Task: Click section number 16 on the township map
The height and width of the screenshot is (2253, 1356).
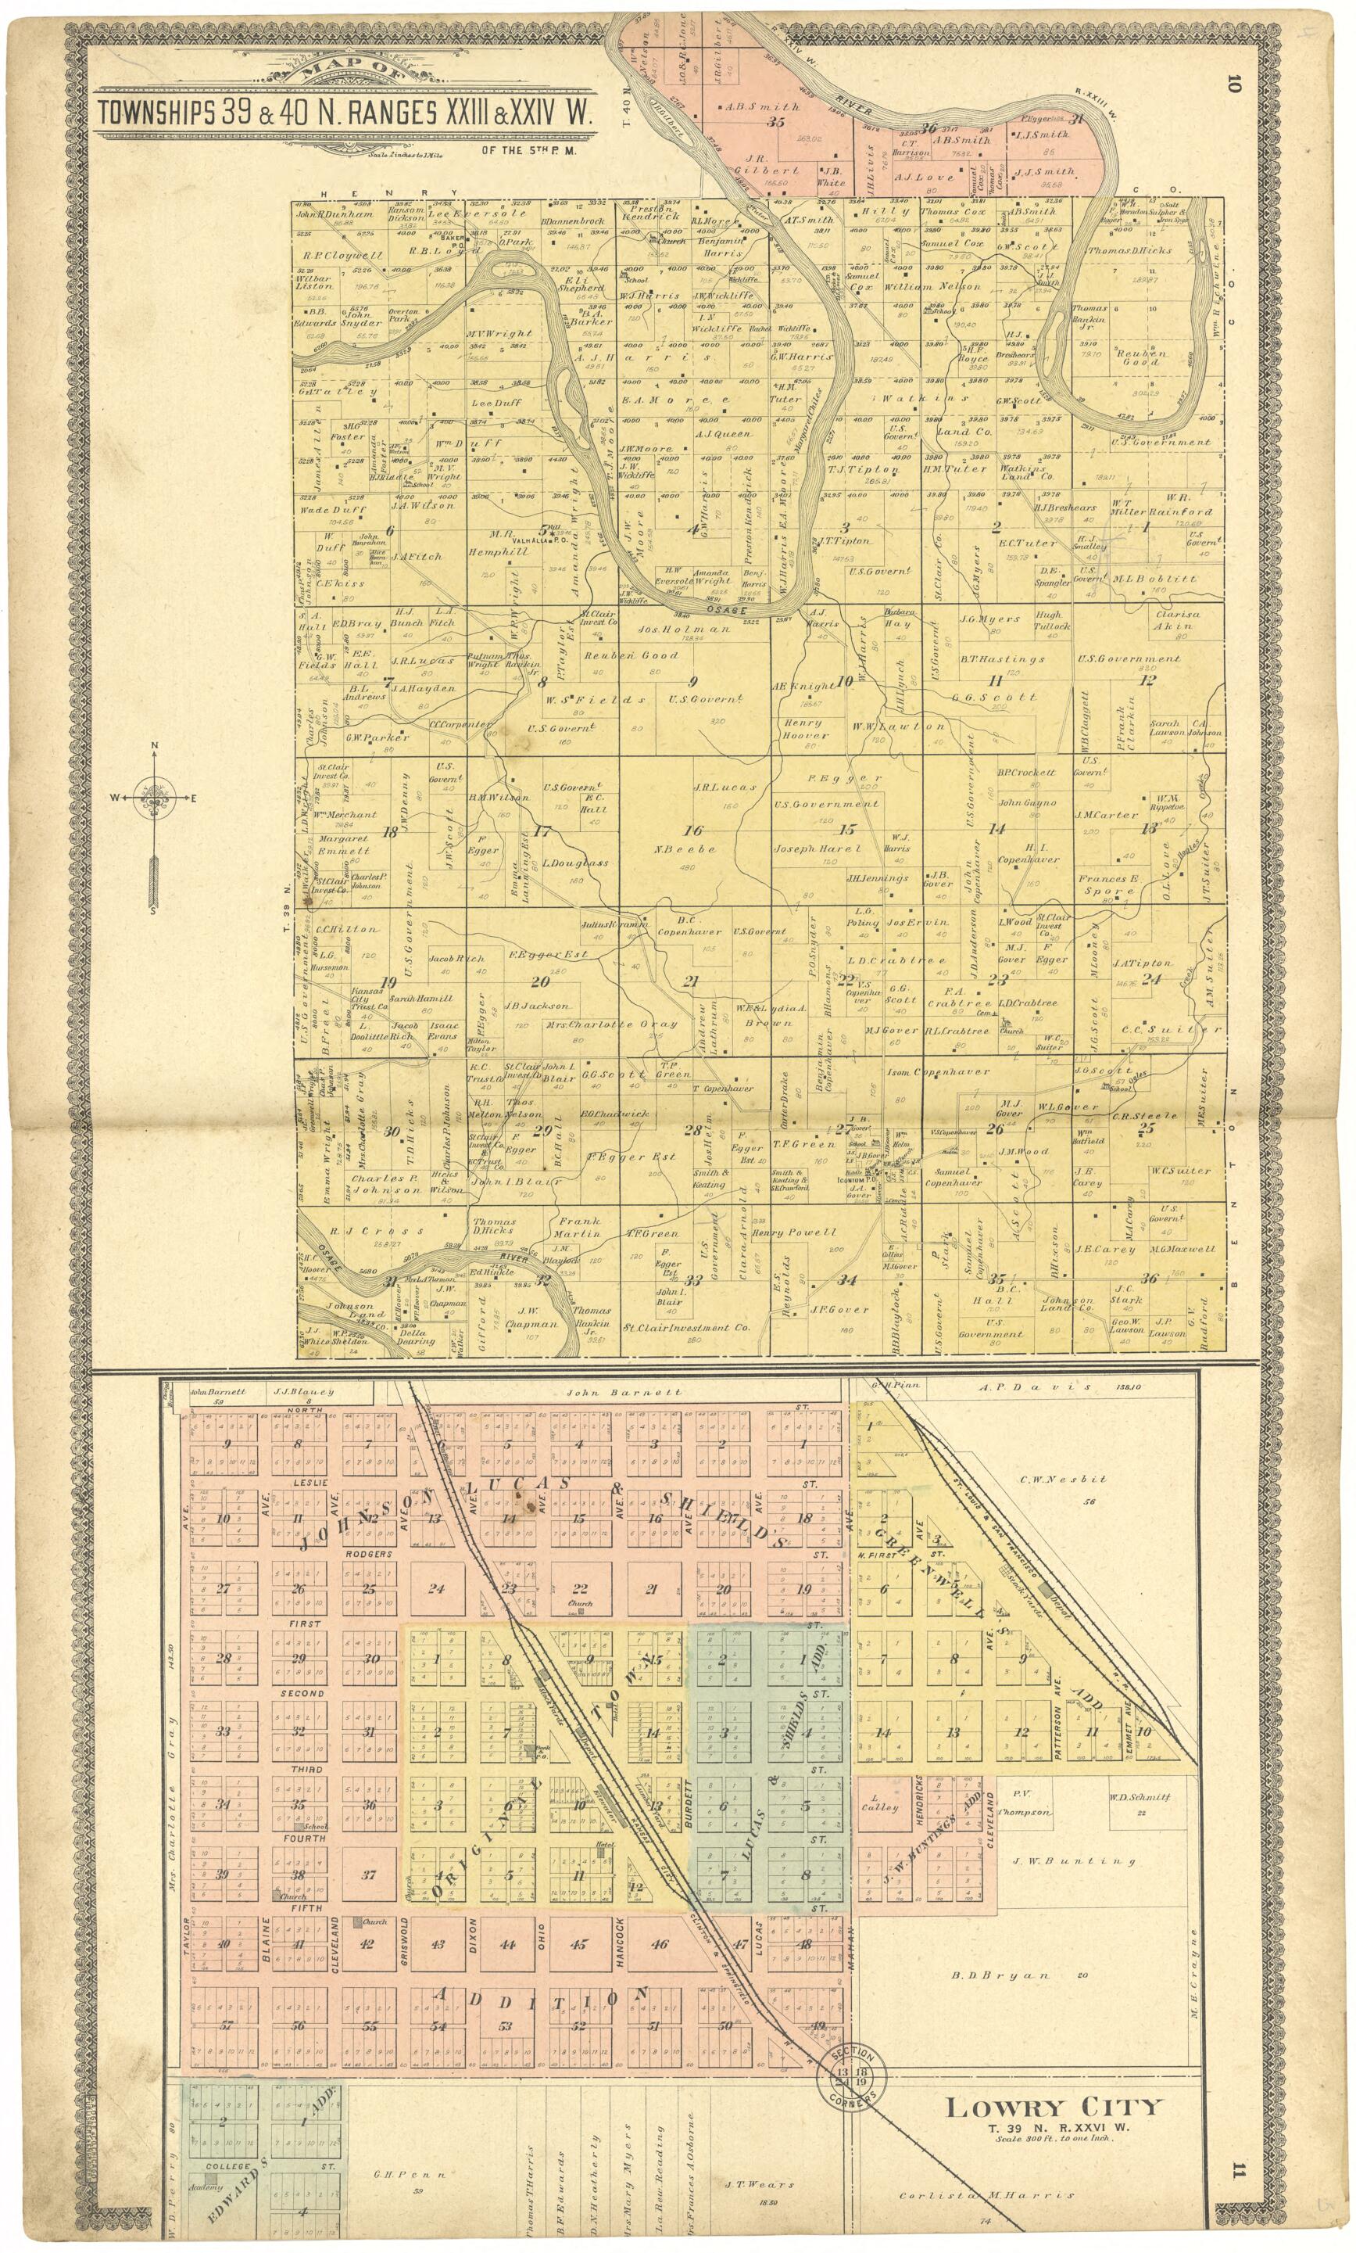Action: click(x=693, y=830)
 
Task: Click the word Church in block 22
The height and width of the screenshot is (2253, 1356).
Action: click(x=580, y=1603)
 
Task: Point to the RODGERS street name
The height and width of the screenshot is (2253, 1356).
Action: click(x=368, y=1554)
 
